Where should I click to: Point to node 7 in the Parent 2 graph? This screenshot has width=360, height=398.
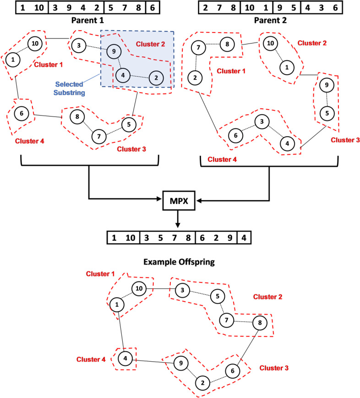click(x=198, y=47)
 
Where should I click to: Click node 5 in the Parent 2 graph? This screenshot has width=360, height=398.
click(x=326, y=113)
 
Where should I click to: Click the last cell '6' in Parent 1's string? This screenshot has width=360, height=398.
click(x=152, y=8)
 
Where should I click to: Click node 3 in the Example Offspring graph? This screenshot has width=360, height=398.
click(x=182, y=290)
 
